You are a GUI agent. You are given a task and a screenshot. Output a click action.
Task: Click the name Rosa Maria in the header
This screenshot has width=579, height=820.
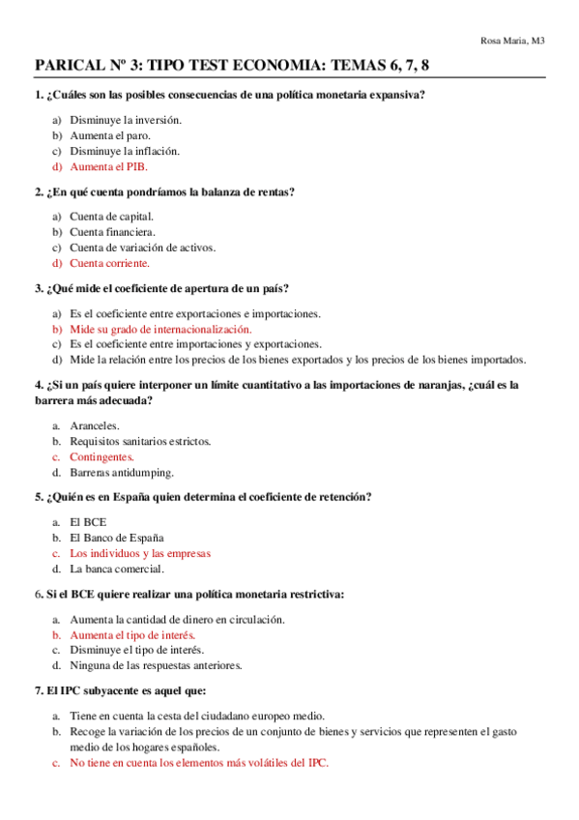(x=504, y=40)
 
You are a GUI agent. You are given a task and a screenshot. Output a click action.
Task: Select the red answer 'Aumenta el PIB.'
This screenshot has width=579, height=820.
(x=109, y=166)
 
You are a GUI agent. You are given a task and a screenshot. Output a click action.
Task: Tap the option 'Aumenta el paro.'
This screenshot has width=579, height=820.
(x=110, y=135)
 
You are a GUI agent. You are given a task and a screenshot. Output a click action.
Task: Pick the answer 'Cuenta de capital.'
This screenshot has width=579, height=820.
(x=111, y=217)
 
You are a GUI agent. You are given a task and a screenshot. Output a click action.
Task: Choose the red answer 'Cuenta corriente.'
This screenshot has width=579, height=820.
(x=109, y=263)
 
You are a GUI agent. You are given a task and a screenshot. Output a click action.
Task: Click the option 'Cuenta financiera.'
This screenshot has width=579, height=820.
(x=112, y=232)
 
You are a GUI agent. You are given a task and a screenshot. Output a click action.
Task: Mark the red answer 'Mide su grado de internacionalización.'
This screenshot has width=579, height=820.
(x=160, y=329)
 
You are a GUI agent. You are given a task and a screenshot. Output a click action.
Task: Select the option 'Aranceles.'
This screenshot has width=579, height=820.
(x=95, y=425)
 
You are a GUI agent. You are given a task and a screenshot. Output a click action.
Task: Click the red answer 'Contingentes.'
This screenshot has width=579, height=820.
(x=101, y=456)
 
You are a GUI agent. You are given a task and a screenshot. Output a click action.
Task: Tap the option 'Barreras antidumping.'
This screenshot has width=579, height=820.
(x=122, y=473)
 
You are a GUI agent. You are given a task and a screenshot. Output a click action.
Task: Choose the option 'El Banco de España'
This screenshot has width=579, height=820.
(x=117, y=538)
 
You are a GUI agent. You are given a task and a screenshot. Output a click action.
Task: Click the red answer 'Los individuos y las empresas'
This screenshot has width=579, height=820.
(x=140, y=554)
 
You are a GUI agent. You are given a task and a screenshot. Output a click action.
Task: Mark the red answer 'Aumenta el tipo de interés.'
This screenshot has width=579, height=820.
(x=132, y=635)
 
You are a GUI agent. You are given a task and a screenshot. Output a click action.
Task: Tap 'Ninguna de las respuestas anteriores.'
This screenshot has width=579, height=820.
(x=156, y=665)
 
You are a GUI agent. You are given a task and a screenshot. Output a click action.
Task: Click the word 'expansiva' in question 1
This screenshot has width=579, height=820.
(x=398, y=95)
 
